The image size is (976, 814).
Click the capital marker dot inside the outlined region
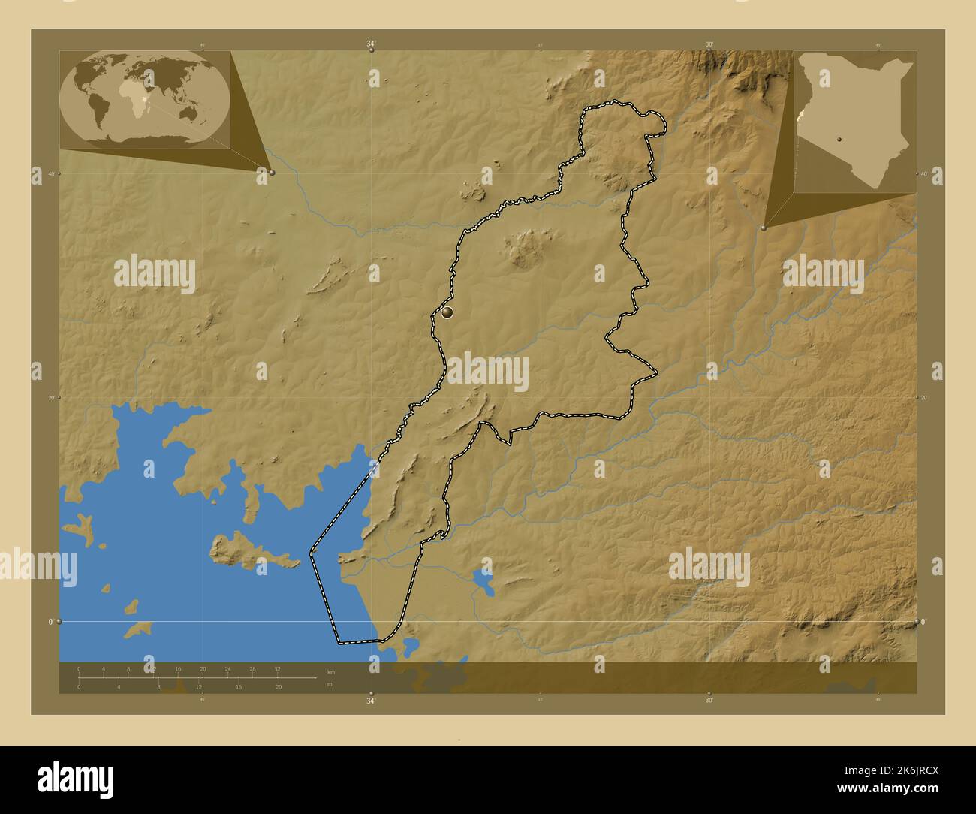(x=448, y=312)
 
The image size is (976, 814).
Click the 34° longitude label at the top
(x=371, y=44)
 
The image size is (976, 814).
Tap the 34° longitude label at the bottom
(x=371, y=701)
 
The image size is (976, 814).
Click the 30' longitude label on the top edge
(x=709, y=44)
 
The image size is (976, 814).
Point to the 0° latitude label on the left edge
(x=51, y=622)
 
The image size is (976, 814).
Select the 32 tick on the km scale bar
(x=278, y=668)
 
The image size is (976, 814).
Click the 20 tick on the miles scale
(x=278, y=687)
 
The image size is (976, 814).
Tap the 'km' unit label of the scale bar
(x=331, y=671)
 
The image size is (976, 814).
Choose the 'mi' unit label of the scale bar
(x=330, y=684)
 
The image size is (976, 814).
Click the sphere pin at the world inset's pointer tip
(x=272, y=173)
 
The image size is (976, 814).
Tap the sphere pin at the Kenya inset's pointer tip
(x=764, y=227)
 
